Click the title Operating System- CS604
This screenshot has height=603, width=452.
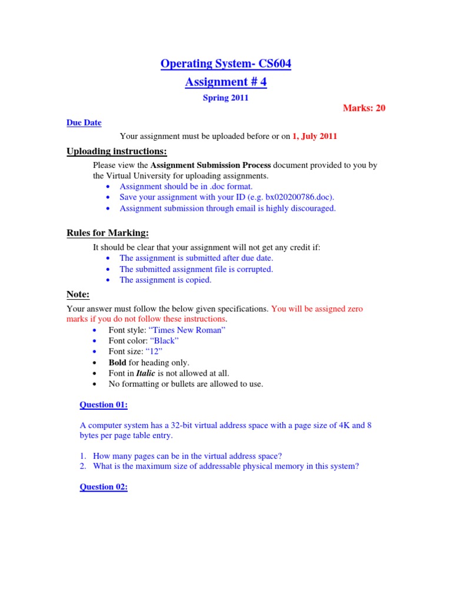click(225, 64)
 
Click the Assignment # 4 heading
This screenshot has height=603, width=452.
click(225, 82)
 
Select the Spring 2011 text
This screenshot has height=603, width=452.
click(225, 98)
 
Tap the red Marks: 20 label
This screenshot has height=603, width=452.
click(364, 108)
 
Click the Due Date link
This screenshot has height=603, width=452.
click(84, 122)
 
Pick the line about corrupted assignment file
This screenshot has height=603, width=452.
click(196, 269)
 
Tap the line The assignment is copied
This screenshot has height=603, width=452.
click(165, 280)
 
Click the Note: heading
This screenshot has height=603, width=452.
click(78, 294)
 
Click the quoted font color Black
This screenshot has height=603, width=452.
click(165, 341)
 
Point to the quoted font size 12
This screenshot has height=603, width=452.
click(158, 352)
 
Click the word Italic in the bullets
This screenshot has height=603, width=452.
click(146, 373)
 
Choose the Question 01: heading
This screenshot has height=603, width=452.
click(104, 405)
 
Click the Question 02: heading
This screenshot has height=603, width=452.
click(104, 487)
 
